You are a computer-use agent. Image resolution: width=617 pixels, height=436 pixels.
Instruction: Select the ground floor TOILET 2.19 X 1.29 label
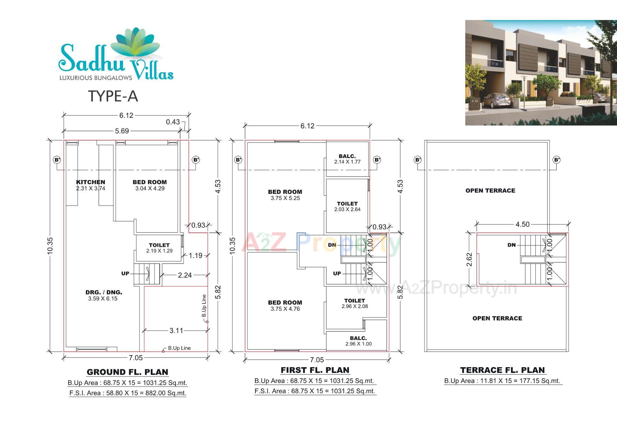tap(159, 248)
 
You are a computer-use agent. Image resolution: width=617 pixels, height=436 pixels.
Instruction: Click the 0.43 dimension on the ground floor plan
tap(173, 122)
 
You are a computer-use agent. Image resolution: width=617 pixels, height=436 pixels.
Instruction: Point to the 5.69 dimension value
tap(122, 131)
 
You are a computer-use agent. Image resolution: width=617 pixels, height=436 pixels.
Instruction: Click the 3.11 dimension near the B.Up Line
tap(176, 331)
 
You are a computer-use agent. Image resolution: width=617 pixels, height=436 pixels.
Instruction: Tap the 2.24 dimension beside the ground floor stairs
tap(185, 275)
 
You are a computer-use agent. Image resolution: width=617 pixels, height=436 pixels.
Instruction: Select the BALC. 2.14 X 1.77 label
tap(347, 159)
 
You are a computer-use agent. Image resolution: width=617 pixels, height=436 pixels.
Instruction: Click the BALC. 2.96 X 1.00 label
tap(358, 341)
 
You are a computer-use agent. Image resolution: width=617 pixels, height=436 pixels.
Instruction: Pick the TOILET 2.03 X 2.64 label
tap(347, 206)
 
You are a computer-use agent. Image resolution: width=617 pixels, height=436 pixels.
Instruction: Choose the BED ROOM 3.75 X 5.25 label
tap(285, 195)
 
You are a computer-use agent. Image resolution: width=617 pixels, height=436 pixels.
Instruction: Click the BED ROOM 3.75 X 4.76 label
tap(285, 306)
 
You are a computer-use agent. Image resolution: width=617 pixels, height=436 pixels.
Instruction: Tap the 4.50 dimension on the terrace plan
tap(523, 224)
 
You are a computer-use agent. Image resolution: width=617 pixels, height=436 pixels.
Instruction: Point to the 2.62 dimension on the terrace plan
tap(469, 260)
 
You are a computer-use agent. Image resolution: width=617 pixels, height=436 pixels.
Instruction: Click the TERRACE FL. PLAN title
tap(503, 370)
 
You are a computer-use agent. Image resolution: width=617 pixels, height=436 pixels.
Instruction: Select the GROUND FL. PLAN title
tap(128, 372)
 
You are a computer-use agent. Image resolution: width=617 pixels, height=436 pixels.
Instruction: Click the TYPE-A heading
tap(113, 96)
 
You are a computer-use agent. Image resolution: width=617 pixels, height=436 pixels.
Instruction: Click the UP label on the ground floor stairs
tap(125, 273)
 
